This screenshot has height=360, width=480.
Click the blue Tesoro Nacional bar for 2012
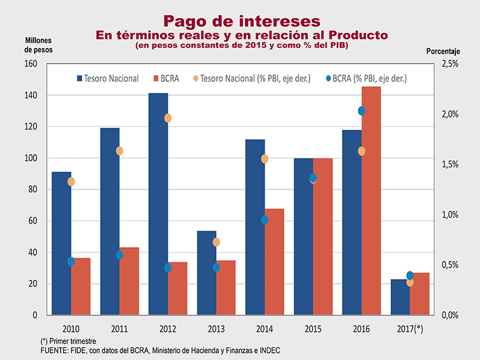coord(158,204)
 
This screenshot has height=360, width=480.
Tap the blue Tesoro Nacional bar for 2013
coord(206,273)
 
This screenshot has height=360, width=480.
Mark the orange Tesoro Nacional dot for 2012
coord(168,118)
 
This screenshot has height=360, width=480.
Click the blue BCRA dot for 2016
coord(362,111)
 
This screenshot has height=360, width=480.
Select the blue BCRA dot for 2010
coord(71,262)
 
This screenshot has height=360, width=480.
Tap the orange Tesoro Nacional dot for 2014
coord(265,159)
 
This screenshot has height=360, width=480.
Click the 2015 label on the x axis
coord(313,329)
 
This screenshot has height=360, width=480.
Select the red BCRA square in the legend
coord(157,79)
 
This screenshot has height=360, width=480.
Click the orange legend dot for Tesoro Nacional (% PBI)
coord(195,79)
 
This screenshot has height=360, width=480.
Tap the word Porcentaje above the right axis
coord(443,52)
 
